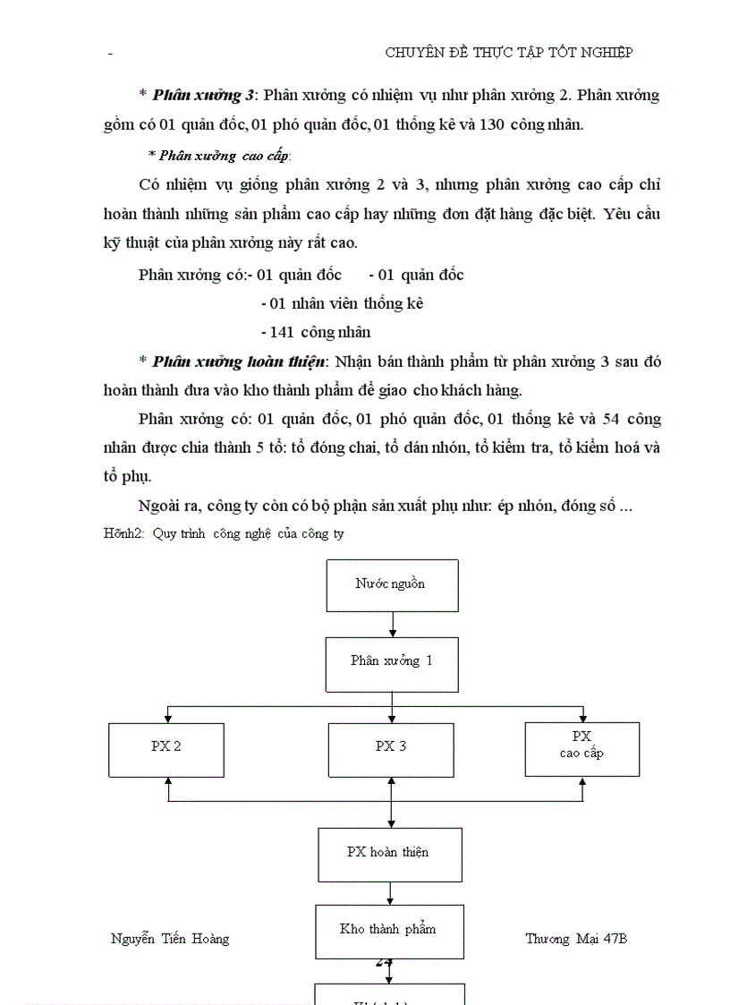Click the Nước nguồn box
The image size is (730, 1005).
point(392,585)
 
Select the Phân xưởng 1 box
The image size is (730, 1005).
point(392,663)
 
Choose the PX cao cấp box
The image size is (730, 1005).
point(581,748)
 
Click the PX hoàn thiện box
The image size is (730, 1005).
point(390,854)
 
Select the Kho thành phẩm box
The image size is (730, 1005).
point(389,931)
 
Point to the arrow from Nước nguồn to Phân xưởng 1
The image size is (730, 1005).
point(393,625)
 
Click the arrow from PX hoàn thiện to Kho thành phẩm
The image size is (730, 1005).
point(390,893)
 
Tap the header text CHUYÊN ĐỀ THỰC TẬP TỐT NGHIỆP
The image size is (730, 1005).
point(509,53)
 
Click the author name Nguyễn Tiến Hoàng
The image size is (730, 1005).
point(170,939)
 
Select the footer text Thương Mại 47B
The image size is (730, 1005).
point(576,939)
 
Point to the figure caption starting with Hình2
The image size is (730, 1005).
point(225,533)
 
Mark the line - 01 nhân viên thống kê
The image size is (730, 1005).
point(343,303)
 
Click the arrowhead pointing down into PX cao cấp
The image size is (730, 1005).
point(582,718)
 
